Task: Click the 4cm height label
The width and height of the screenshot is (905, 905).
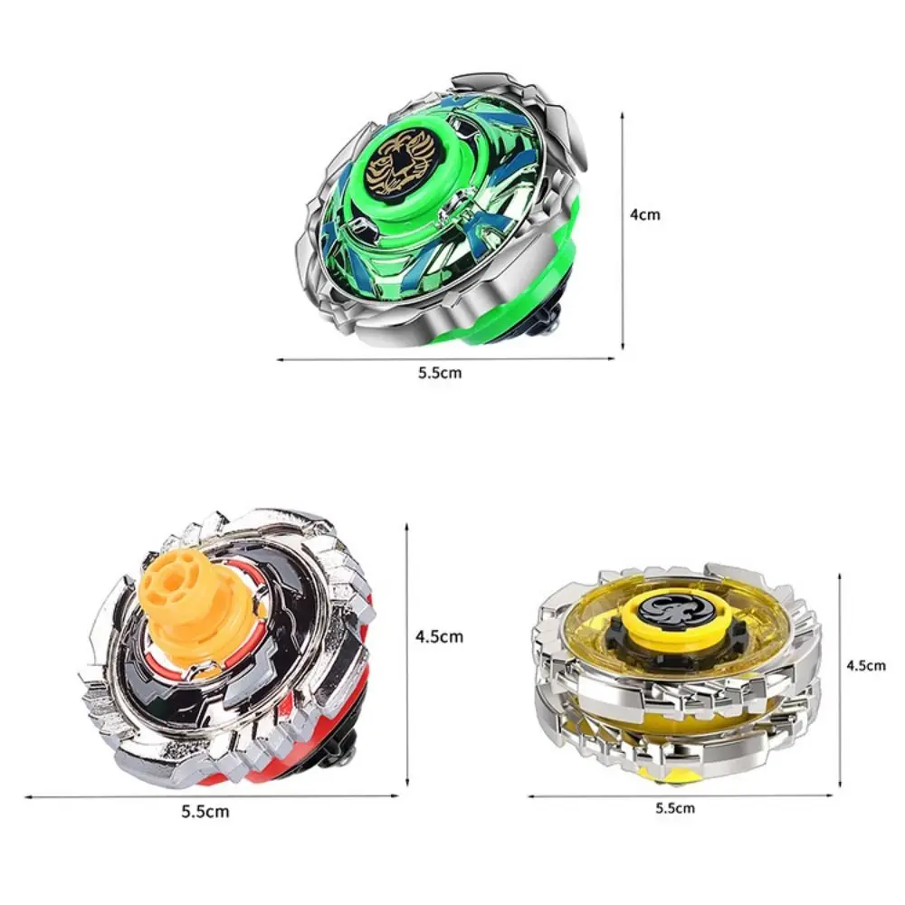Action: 644,214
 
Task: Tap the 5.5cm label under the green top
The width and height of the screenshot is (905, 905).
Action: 440,373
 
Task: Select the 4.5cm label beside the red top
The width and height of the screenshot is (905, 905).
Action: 439,636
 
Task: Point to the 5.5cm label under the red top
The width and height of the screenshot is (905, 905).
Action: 205,812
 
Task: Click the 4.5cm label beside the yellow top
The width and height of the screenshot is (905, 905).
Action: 866,665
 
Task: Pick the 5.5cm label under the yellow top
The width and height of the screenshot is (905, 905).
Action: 675,808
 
